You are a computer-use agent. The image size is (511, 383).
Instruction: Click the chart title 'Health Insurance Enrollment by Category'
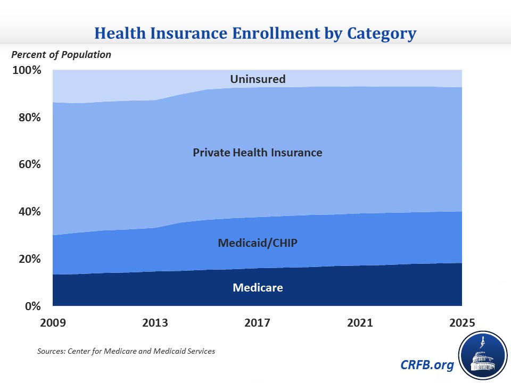tap(256, 34)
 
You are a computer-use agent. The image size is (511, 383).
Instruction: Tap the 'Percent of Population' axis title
tap(62, 54)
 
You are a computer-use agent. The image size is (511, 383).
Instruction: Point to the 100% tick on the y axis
tap(27, 70)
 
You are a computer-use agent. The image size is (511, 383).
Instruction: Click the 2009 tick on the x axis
tap(53, 323)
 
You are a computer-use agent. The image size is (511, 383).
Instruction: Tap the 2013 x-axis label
tap(155, 323)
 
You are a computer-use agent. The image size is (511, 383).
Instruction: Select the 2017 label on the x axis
tap(257, 323)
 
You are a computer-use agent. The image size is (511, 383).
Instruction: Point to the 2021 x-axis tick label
tap(359, 323)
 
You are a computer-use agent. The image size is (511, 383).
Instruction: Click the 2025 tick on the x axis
tap(461, 323)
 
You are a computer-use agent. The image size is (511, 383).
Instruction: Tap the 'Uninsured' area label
tap(258, 79)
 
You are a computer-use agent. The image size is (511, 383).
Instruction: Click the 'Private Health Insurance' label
tap(258, 153)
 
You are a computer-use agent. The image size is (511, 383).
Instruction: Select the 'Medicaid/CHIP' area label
tap(258, 243)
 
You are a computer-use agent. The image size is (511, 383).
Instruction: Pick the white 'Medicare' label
tap(258, 288)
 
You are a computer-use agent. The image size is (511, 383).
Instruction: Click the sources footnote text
tap(126, 352)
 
